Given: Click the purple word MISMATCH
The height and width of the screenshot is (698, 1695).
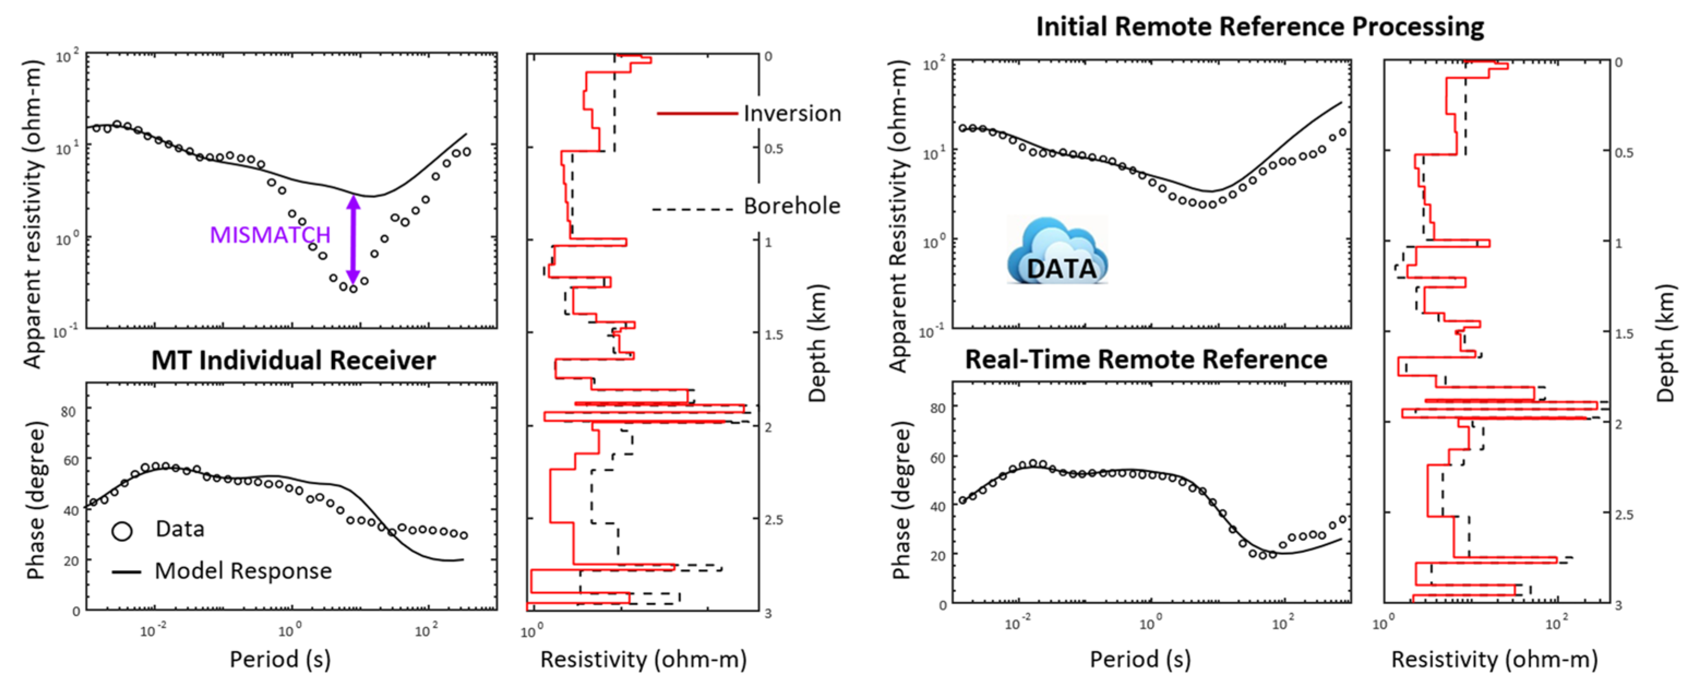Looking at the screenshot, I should [x=270, y=235].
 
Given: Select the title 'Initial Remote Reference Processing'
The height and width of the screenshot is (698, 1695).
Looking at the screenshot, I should [x=1260, y=26].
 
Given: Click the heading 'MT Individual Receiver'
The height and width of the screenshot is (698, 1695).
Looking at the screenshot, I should [x=294, y=360].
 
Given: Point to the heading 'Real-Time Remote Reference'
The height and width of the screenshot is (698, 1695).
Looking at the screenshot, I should [x=1146, y=360].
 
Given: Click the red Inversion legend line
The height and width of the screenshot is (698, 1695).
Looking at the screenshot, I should [x=697, y=114].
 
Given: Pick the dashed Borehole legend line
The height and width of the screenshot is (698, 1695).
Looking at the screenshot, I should [x=692, y=210].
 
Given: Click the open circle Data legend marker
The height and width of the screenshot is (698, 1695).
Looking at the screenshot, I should [x=122, y=531].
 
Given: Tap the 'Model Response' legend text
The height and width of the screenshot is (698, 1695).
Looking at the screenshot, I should [x=243, y=571].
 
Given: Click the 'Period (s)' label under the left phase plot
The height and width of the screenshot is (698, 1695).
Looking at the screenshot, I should [x=280, y=659].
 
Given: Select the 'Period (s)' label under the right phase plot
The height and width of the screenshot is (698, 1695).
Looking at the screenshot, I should [x=1140, y=659].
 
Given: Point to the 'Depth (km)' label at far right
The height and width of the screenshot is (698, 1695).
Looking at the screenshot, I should [x=1665, y=343].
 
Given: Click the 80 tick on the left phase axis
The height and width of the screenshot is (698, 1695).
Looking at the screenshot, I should [x=68, y=411].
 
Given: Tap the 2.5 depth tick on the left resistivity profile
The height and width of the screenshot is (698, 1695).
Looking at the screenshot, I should [x=774, y=520].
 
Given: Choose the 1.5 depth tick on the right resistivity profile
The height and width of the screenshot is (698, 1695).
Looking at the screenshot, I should [x=1624, y=334].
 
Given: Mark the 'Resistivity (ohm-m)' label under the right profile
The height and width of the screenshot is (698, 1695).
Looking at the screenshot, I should [x=1494, y=659].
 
